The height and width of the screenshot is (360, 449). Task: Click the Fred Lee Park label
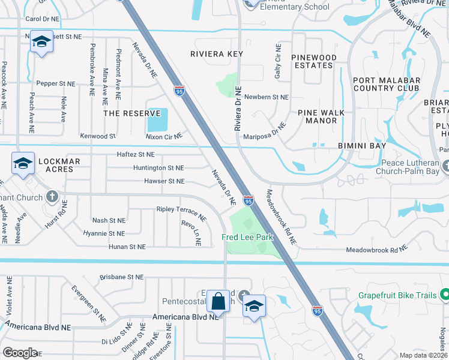248,237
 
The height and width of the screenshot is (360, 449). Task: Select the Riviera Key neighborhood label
216,54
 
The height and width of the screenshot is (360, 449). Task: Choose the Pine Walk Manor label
321,116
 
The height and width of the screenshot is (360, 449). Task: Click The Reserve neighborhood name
127,113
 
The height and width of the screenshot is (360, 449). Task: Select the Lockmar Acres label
56,165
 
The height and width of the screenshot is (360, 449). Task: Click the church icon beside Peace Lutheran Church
445,165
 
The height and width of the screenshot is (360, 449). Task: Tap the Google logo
20,352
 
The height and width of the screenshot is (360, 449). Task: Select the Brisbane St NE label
122,277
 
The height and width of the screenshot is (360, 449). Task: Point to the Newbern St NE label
267,97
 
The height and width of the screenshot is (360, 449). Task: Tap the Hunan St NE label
127,247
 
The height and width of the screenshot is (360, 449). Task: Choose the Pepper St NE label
56,84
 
